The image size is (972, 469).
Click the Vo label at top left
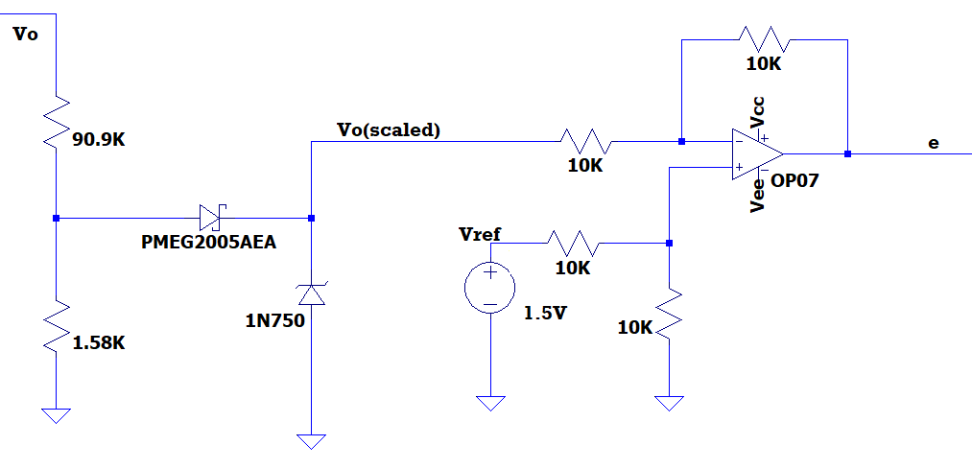(26, 35)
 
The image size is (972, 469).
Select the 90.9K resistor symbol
(57, 122)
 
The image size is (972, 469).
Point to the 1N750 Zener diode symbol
(311, 293)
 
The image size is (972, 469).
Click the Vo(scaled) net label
(389, 129)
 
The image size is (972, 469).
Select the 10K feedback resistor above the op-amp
(764, 40)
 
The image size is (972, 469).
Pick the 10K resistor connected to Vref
(572, 243)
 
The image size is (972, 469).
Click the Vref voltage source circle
(490, 288)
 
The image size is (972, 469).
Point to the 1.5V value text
(546, 313)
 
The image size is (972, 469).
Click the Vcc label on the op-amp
(758, 112)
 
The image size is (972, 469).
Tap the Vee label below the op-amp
(758, 196)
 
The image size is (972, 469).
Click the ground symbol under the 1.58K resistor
(57, 414)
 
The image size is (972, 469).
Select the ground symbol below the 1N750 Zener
(311, 440)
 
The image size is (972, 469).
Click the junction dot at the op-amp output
(847, 153)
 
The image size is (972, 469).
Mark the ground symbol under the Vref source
(490, 402)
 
